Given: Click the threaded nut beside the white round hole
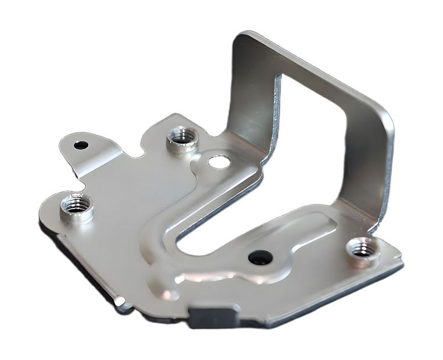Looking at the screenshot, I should [182, 136].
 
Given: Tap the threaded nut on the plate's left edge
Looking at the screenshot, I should [75, 206].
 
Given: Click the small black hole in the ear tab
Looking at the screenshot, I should [81, 145].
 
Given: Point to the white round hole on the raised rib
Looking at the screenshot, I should [217, 162].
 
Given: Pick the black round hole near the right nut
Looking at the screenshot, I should [260, 257].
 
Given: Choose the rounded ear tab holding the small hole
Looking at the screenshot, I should [83, 145].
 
